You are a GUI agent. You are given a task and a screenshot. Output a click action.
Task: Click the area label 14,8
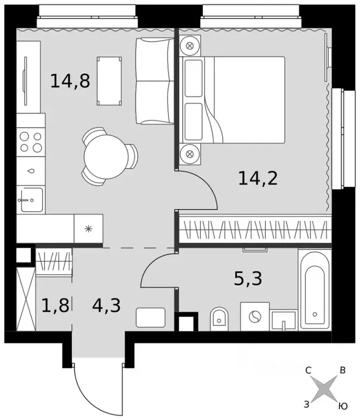coord(69,81)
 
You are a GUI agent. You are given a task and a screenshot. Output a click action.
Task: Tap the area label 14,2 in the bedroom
coord(258,177)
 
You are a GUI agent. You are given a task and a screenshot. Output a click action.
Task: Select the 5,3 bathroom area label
coord(248,279)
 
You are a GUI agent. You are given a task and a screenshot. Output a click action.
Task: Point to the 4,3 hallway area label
coord(106,305)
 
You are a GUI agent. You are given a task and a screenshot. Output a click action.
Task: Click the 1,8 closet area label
coord(55,305)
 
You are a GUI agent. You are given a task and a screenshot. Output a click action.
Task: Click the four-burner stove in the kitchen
coord(31,142)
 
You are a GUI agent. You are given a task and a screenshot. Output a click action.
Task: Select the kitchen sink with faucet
coord(31,200)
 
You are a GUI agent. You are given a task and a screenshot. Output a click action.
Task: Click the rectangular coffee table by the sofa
coord(109,80)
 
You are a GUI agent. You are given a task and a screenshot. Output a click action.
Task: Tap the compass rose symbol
coord(326,389)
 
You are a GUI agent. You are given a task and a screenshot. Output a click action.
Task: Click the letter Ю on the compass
coord(342,406)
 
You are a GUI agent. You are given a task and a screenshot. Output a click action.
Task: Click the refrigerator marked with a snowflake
coord(88,229)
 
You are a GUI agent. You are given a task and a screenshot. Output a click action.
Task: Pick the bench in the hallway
coord(150,317)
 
